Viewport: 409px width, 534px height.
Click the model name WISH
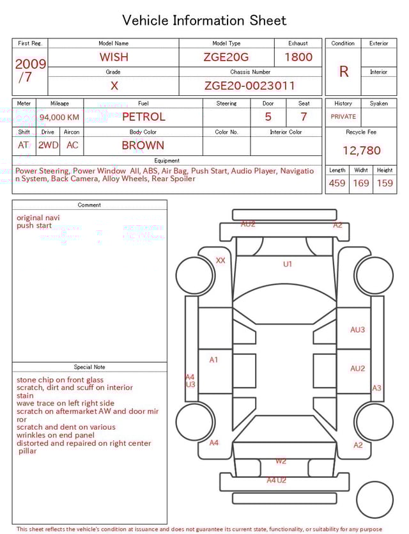coord(114,57)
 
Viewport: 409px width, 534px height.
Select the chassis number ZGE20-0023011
coord(250,85)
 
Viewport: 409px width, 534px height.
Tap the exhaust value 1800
coord(298,57)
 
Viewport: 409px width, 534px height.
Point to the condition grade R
coord(344,72)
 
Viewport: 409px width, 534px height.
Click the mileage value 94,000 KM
coord(59,117)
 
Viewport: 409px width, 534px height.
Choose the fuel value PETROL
coord(143,117)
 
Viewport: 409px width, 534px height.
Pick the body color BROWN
coord(143,145)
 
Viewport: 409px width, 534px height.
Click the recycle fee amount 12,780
coord(362,151)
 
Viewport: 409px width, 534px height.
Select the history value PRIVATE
coord(343,116)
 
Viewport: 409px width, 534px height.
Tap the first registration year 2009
coord(30,64)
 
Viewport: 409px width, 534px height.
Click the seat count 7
coord(304,117)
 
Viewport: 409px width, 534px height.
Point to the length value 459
coord(337,183)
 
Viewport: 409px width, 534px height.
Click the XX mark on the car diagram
coord(220,260)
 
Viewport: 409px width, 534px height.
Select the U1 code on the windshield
coord(288,263)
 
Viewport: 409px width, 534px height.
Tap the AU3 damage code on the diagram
coord(357,330)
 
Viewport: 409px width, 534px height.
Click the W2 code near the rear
coord(281,460)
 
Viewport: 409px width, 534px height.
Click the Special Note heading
coord(89,367)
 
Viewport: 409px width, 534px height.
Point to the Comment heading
coord(89,205)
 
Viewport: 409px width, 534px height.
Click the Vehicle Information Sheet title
coord(204,20)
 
